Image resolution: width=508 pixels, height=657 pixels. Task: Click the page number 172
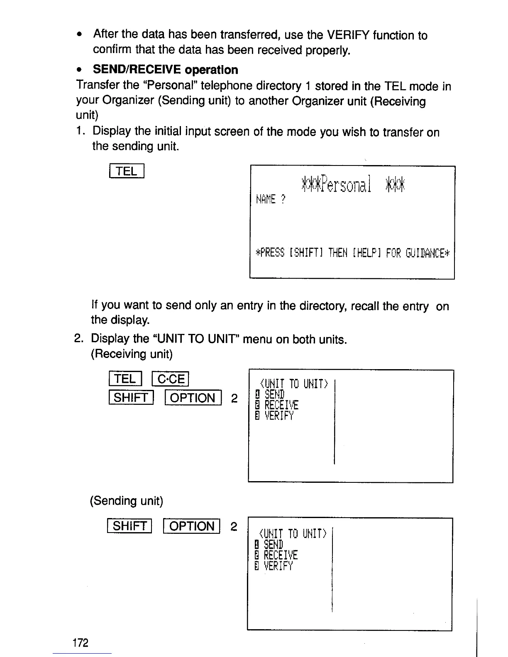80,643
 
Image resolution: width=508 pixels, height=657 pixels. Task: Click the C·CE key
171,379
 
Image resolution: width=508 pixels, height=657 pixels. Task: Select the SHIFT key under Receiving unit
131,398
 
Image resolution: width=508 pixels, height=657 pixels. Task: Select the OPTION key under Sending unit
192,526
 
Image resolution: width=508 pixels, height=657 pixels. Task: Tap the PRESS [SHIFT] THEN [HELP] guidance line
353,253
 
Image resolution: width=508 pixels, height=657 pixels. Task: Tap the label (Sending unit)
127,501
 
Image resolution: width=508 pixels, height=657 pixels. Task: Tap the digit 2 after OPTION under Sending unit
233,526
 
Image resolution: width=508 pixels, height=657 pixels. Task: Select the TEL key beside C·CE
125,379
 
